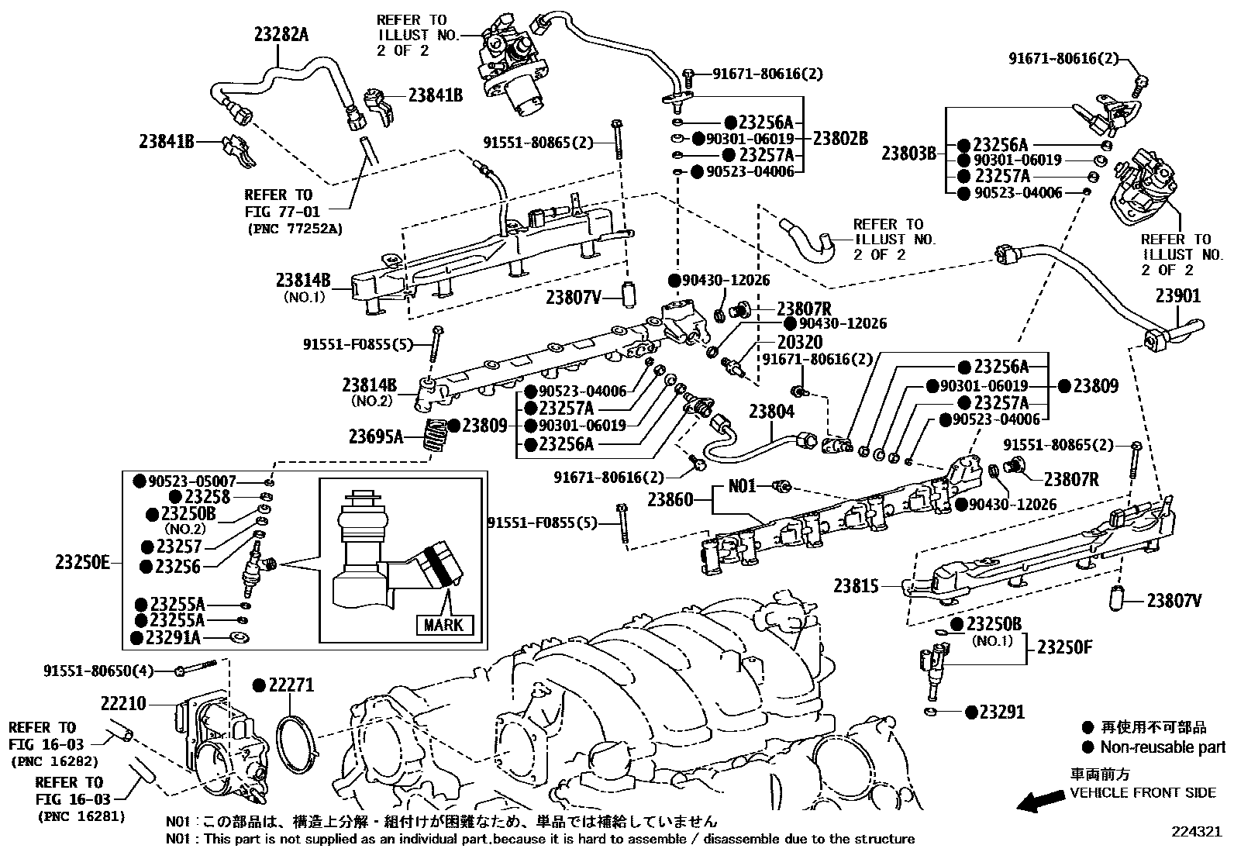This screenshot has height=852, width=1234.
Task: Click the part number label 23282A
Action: click(x=281, y=33)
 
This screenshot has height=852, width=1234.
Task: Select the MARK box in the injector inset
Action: click(x=443, y=624)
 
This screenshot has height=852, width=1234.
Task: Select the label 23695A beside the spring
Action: click(x=376, y=436)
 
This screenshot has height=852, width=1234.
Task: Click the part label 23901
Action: click(x=1177, y=296)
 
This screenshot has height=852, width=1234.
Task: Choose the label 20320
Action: click(x=800, y=342)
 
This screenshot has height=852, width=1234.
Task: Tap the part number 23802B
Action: click(x=840, y=139)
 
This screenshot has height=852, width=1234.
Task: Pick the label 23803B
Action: click(x=909, y=153)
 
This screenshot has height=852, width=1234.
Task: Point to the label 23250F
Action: click(x=1064, y=647)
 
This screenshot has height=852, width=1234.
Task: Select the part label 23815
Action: click(x=857, y=586)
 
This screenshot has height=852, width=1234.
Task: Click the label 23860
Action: click(x=670, y=500)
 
